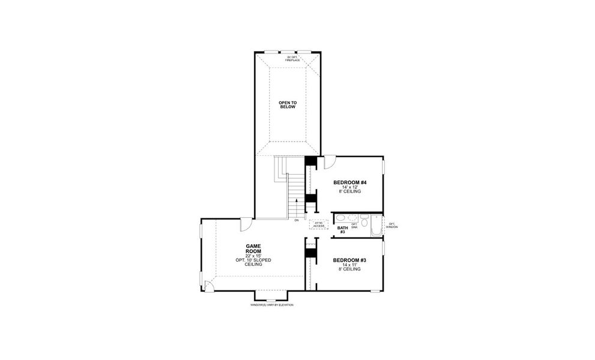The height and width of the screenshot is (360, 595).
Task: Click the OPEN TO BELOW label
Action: [288, 104]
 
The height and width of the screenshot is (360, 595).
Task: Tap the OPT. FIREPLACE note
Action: [292, 59]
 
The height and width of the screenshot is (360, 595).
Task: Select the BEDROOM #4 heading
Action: [350, 182]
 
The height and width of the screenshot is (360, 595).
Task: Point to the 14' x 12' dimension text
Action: [350, 187]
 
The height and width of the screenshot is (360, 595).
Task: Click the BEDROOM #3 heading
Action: [349, 260]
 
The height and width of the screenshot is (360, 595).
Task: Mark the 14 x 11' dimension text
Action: [349, 265]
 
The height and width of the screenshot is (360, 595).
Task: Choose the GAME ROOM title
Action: [253, 248]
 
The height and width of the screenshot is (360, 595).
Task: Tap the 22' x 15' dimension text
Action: [253, 256]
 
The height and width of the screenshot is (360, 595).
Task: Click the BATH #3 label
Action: [342, 230]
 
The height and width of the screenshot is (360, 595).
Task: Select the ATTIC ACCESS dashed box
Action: [319, 224]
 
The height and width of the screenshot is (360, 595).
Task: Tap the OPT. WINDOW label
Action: [391, 226]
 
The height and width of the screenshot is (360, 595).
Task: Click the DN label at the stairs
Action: [297, 220]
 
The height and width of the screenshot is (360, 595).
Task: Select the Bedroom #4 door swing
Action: [330, 163]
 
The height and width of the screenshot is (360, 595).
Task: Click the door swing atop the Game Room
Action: [246, 224]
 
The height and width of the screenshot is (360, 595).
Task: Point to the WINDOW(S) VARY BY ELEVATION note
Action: [271, 305]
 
